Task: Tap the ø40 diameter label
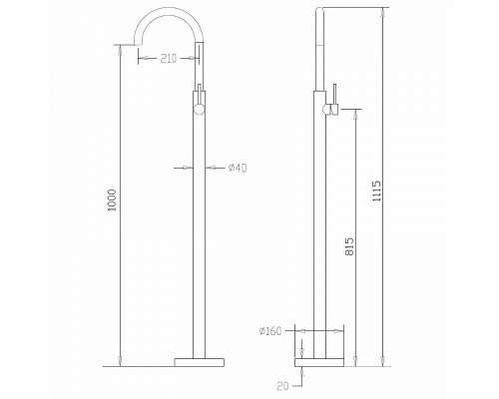coord(238,169)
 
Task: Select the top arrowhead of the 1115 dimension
coord(383,12)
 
